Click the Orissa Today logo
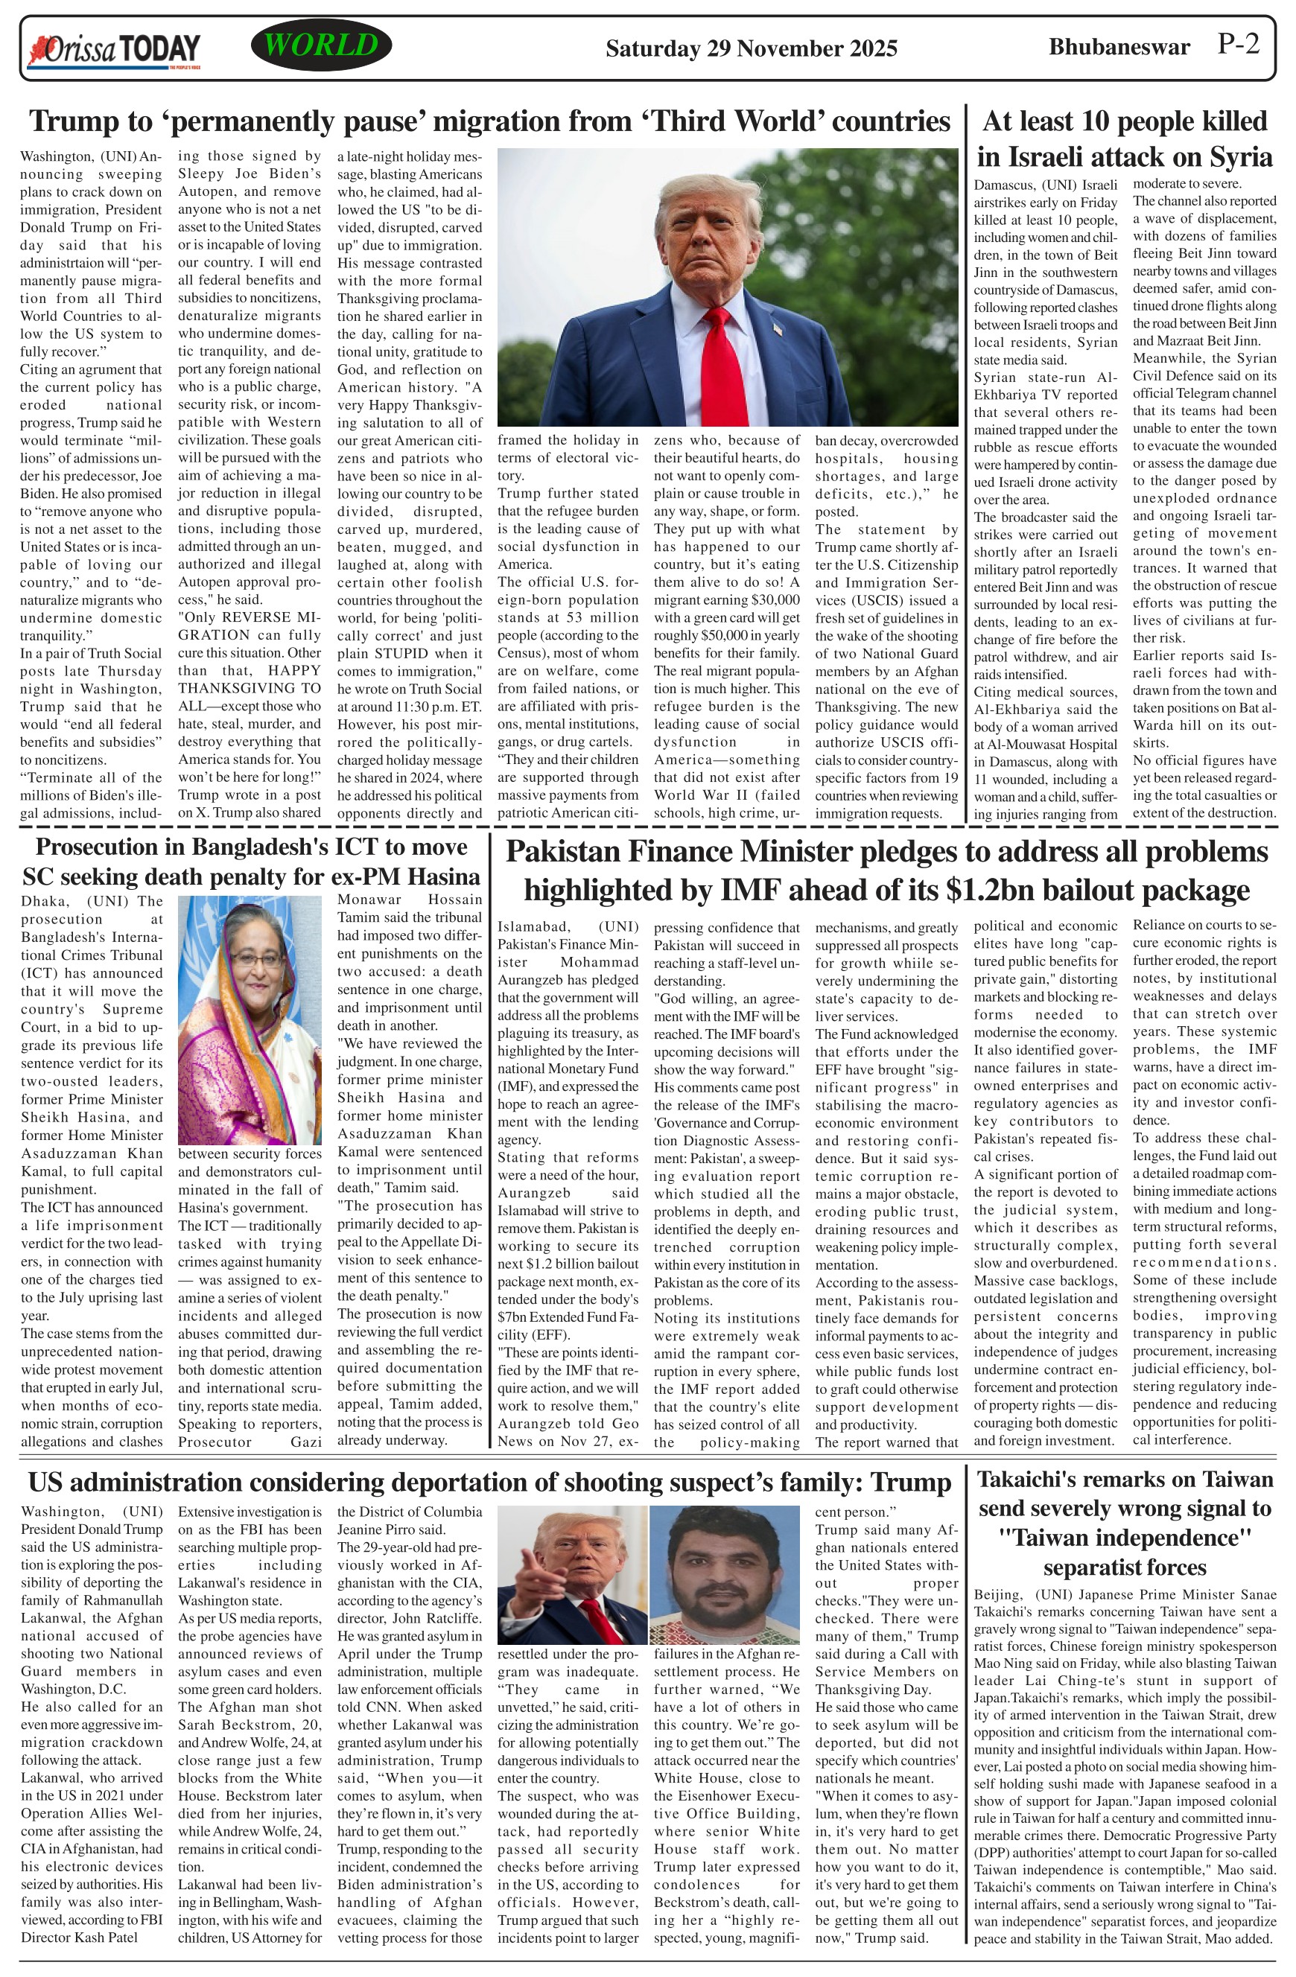(115, 50)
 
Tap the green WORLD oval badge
(321, 45)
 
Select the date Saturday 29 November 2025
(751, 48)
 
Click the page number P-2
(1239, 44)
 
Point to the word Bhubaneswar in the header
(1119, 48)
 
